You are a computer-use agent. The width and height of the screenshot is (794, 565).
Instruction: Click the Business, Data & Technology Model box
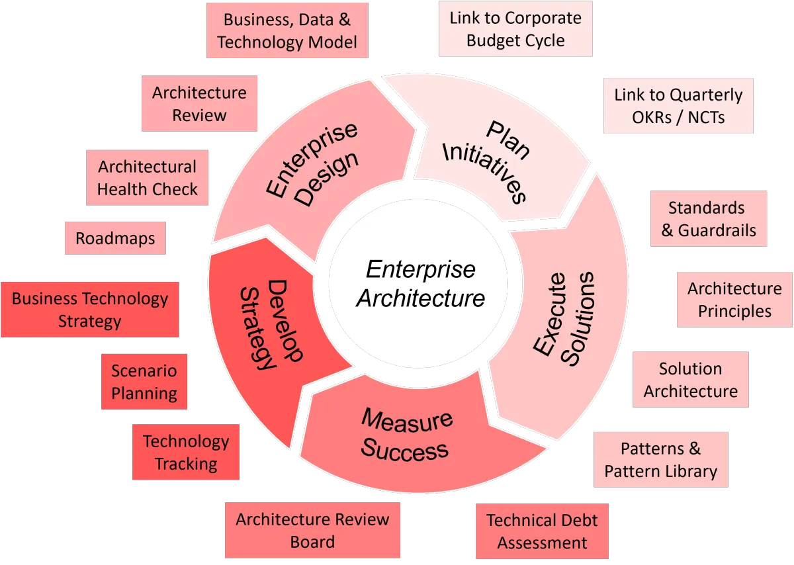287,31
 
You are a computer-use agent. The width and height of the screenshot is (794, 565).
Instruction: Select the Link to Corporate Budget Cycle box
515,29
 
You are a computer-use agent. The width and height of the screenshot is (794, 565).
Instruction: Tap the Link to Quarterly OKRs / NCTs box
678,106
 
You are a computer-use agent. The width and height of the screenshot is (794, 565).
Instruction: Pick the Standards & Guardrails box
707,219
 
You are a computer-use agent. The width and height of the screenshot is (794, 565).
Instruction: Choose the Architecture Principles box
734,300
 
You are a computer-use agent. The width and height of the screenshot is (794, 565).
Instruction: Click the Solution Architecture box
690,380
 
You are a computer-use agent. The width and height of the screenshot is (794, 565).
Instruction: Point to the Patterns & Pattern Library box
660,460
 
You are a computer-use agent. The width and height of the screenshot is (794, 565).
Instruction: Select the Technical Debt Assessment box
541,532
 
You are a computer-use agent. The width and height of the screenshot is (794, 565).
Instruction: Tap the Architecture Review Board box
312,531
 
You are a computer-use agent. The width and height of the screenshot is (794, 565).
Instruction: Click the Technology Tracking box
186,453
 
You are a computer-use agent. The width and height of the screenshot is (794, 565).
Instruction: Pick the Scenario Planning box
144,382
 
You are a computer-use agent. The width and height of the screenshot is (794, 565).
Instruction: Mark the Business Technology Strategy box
90,310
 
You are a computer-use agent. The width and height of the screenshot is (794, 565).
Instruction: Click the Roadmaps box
115,238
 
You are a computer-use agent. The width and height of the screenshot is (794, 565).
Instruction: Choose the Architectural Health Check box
147,177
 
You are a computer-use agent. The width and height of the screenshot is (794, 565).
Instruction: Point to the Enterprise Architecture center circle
421,284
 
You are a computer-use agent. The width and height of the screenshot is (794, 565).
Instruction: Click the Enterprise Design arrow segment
311,165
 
